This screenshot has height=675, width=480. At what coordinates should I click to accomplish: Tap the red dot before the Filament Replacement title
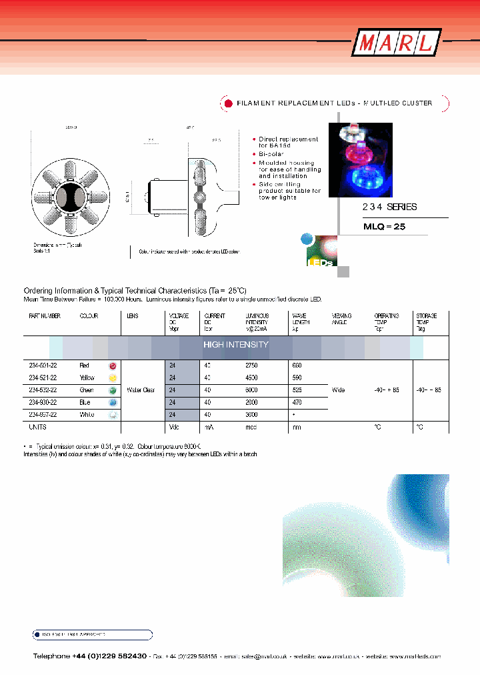point(228,103)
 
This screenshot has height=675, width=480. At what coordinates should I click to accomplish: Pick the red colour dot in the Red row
point(113,366)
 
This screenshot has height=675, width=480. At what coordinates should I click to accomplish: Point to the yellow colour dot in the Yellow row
point(113,378)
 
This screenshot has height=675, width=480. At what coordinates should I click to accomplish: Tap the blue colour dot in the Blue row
point(113,402)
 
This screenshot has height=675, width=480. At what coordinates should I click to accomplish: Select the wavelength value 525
point(298,390)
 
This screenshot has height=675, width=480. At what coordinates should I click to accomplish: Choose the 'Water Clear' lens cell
point(140,390)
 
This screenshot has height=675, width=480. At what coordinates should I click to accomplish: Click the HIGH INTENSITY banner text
point(235,345)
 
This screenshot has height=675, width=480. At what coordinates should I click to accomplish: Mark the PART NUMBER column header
point(45,316)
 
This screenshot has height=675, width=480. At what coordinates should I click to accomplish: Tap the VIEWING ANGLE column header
point(341,319)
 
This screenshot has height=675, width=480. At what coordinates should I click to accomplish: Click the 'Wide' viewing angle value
point(339,390)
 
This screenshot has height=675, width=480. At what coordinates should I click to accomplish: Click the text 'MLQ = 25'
point(384,226)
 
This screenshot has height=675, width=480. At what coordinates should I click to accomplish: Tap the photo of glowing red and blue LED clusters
point(361,161)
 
